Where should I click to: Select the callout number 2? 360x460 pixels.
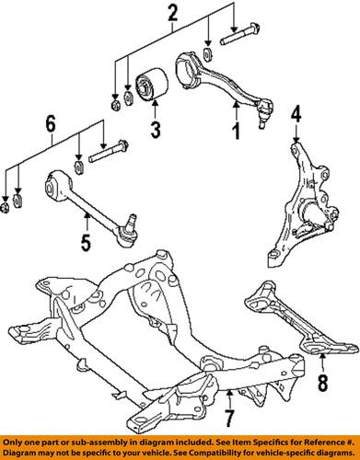tap(170, 14)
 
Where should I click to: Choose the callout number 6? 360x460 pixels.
tap(52, 121)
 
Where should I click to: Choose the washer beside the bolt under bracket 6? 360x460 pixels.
tap(79, 167)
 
